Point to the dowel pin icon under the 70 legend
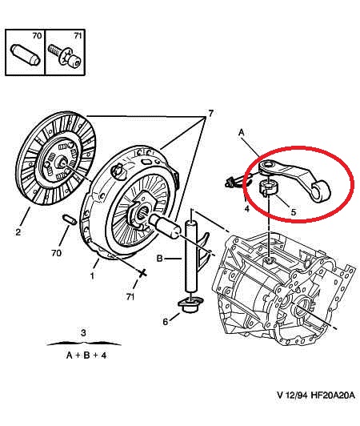[26, 58]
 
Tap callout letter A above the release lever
[240, 131]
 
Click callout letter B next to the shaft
[159, 258]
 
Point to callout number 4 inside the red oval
[247, 209]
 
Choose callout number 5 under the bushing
[293, 212]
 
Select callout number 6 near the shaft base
[166, 321]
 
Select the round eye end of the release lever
[323, 189]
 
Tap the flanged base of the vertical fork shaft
[190, 303]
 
